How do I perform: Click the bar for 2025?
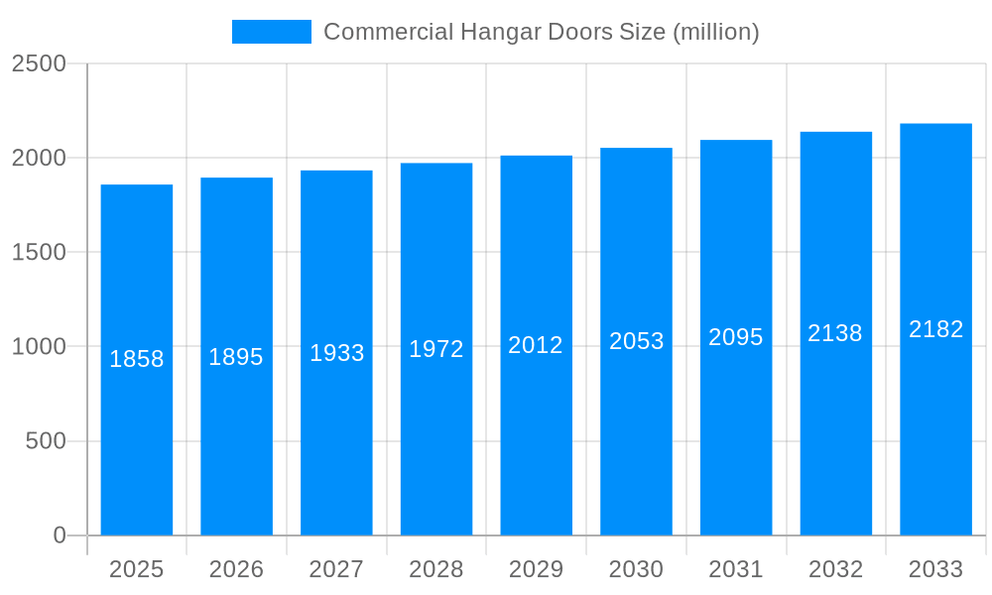point(137,446)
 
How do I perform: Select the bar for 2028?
point(436,446)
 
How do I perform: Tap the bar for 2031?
point(736,446)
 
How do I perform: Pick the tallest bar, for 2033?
point(935,446)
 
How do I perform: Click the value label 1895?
point(236,357)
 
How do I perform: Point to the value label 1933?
point(337,353)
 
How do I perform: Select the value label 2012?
point(536,345)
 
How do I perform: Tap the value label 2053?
point(637,341)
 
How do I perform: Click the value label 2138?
point(835,333)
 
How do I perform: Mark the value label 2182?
point(936,329)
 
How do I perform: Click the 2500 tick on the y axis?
point(39,63)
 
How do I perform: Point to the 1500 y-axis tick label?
point(39,253)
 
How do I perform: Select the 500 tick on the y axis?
point(46,441)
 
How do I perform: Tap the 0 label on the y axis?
point(60,535)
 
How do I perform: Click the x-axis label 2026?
point(237,569)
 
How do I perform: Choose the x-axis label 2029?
point(537,569)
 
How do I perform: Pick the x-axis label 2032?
point(836,569)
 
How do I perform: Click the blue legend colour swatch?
point(271,32)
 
